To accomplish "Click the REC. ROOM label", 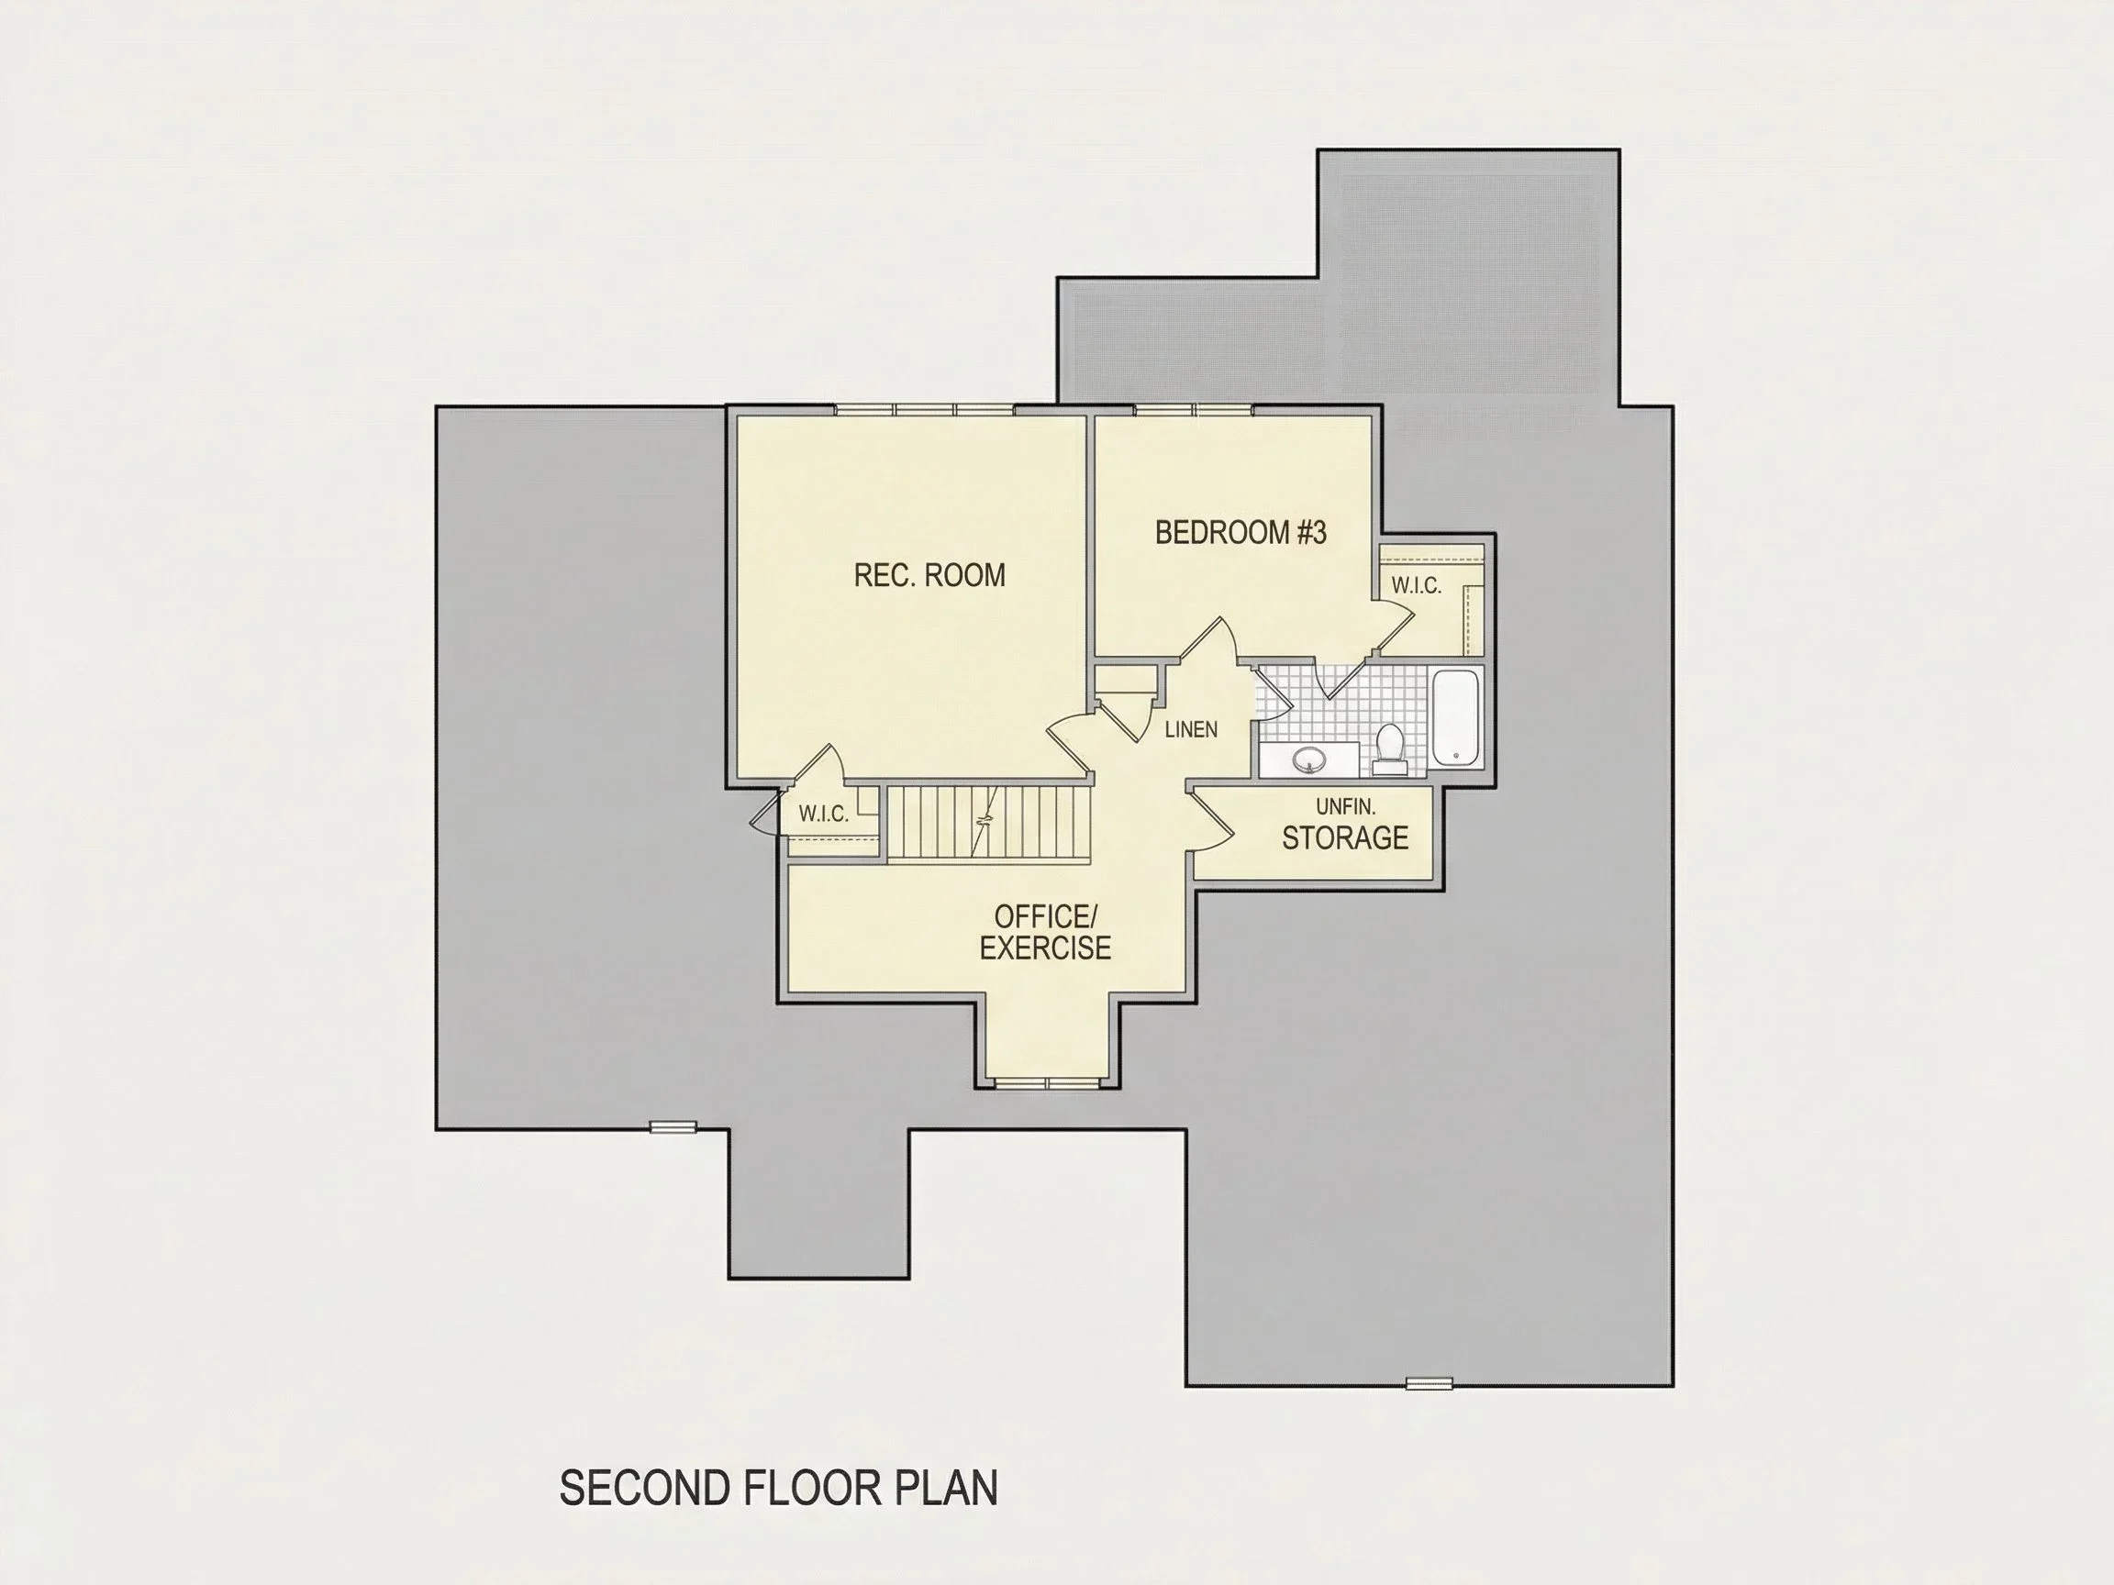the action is [x=929, y=575].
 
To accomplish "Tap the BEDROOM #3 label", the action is [x=1241, y=532].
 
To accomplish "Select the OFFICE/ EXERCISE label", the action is [x=1046, y=932].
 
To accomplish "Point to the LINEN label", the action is [x=1191, y=729].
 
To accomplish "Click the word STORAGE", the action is [x=1345, y=837].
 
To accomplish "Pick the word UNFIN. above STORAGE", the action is [x=1346, y=806].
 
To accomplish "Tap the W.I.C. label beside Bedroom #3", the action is [x=1417, y=585].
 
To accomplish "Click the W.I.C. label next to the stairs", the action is [x=824, y=814].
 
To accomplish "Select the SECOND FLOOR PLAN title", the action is [x=778, y=1488].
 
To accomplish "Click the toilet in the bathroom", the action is [x=1389, y=749].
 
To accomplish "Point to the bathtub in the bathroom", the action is [x=1455, y=716].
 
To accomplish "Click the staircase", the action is [x=988, y=824].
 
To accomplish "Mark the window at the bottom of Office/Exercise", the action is [x=1048, y=1083].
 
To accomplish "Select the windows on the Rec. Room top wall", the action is [x=924, y=410].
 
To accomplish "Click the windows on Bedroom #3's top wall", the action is [x=1193, y=410].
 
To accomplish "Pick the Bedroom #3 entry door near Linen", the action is [x=1210, y=640].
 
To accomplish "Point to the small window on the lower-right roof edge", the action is [x=1429, y=1383].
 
